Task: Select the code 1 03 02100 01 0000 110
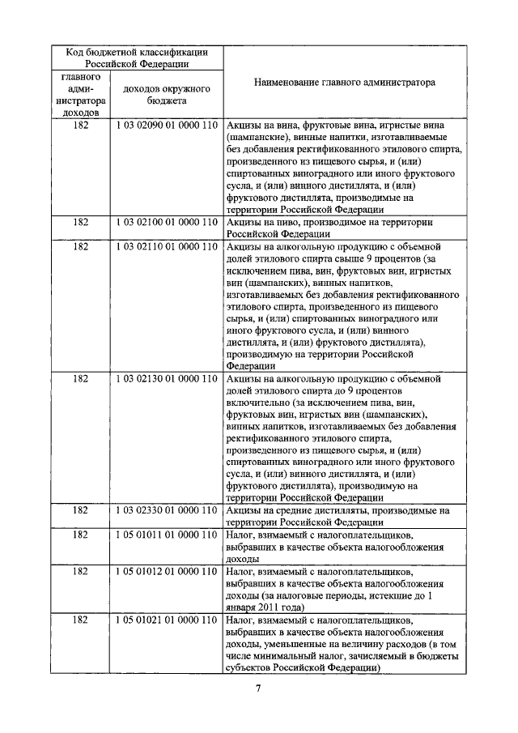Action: click(x=166, y=220)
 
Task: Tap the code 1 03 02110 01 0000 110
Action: click(x=166, y=245)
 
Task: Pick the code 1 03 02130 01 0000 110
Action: click(x=166, y=378)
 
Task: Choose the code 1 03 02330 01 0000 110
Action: click(x=166, y=510)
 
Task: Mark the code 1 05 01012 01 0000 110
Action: click(x=166, y=572)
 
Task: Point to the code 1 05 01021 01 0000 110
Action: click(x=166, y=620)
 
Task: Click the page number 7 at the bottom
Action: click(x=257, y=689)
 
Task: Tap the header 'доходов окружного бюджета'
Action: click(x=166, y=95)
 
